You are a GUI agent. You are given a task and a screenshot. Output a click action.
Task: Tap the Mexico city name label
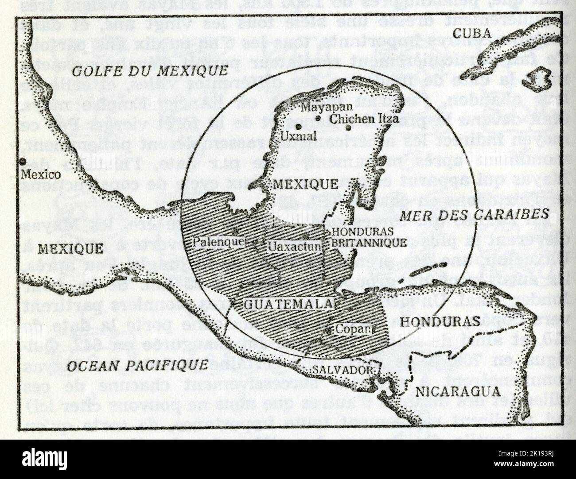point(41,174)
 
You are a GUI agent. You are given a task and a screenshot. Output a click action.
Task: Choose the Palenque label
point(218,242)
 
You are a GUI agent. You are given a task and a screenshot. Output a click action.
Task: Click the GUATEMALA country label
point(288,304)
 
